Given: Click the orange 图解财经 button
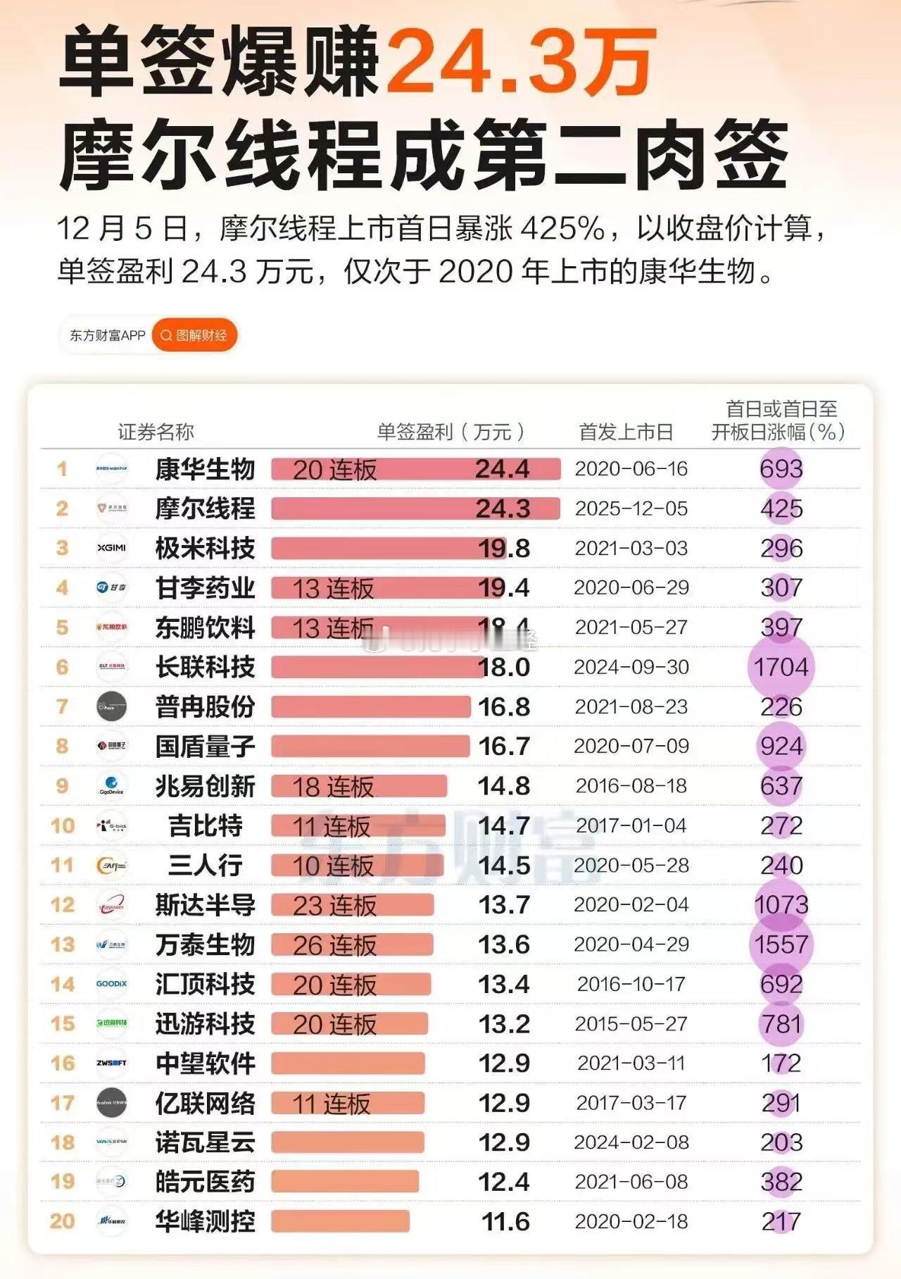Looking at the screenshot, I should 194,335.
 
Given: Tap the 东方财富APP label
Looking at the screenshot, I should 107,335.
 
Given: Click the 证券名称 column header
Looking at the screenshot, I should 156,432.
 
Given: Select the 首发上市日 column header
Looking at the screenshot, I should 626,432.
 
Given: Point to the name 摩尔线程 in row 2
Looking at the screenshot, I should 205,509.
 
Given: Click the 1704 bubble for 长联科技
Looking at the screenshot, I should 781,667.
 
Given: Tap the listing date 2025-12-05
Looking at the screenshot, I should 631,509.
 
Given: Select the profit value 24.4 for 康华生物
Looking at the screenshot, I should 502,469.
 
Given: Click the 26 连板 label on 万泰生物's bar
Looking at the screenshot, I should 334,945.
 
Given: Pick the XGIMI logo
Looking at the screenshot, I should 111,548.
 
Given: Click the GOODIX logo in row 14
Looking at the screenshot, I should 111,985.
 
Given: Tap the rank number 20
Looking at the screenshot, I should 62,1221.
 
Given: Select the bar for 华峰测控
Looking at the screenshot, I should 340,1221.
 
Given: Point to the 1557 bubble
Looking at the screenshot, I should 781,944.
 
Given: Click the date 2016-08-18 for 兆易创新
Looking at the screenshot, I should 631,786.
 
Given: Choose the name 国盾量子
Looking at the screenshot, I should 205,747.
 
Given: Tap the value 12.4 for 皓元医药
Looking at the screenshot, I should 503,1182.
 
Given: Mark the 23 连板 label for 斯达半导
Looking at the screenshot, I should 334,906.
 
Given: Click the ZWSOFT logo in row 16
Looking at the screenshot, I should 111,1063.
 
